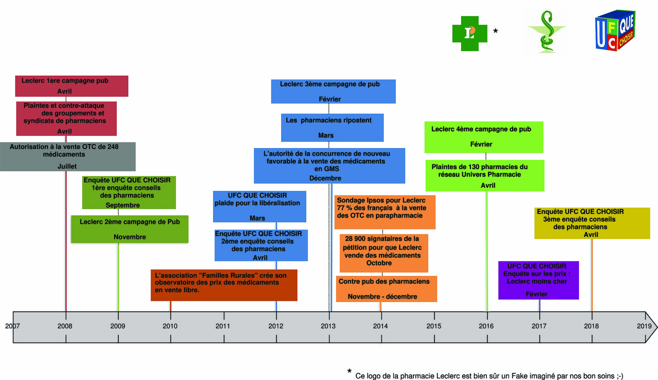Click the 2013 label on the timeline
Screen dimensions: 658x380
click(328, 326)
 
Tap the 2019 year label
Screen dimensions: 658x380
click(644, 326)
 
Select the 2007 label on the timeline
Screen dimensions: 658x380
click(13, 326)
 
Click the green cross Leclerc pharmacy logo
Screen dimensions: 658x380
click(470, 33)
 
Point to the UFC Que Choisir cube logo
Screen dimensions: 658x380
click(615, 30)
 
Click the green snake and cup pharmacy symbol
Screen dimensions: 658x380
click(547, 32)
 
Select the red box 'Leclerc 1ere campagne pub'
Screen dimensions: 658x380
click(72, 86)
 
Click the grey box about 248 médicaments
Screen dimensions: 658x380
click(68, 157)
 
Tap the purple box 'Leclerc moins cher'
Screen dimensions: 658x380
click(538, 280)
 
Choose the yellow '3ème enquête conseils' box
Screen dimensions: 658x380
click(592, 223)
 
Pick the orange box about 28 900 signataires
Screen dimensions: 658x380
click(384, 253)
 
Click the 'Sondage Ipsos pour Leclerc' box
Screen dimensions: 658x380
click(385, 212)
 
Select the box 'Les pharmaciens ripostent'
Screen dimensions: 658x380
click(332, 128)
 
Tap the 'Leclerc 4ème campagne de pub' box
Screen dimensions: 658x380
click(484, 137)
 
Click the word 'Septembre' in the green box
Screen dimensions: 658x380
click(123, 205)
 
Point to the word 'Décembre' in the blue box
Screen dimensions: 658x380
click(325, 178)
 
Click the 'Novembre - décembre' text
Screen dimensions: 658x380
click(382, 296)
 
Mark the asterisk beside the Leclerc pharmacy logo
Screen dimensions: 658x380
click(496, 31)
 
